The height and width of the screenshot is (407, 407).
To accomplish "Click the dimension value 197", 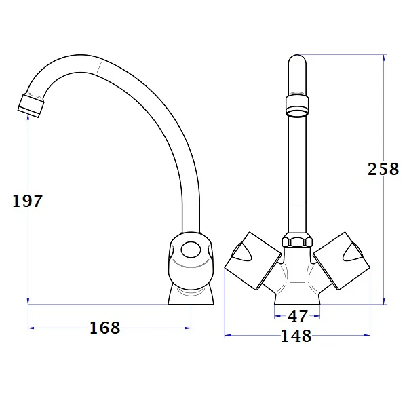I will click(x=28, y=201).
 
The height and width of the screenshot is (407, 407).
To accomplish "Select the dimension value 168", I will click(x=104, y=328).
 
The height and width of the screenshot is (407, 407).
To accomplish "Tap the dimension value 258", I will click(x=383, y=169).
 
